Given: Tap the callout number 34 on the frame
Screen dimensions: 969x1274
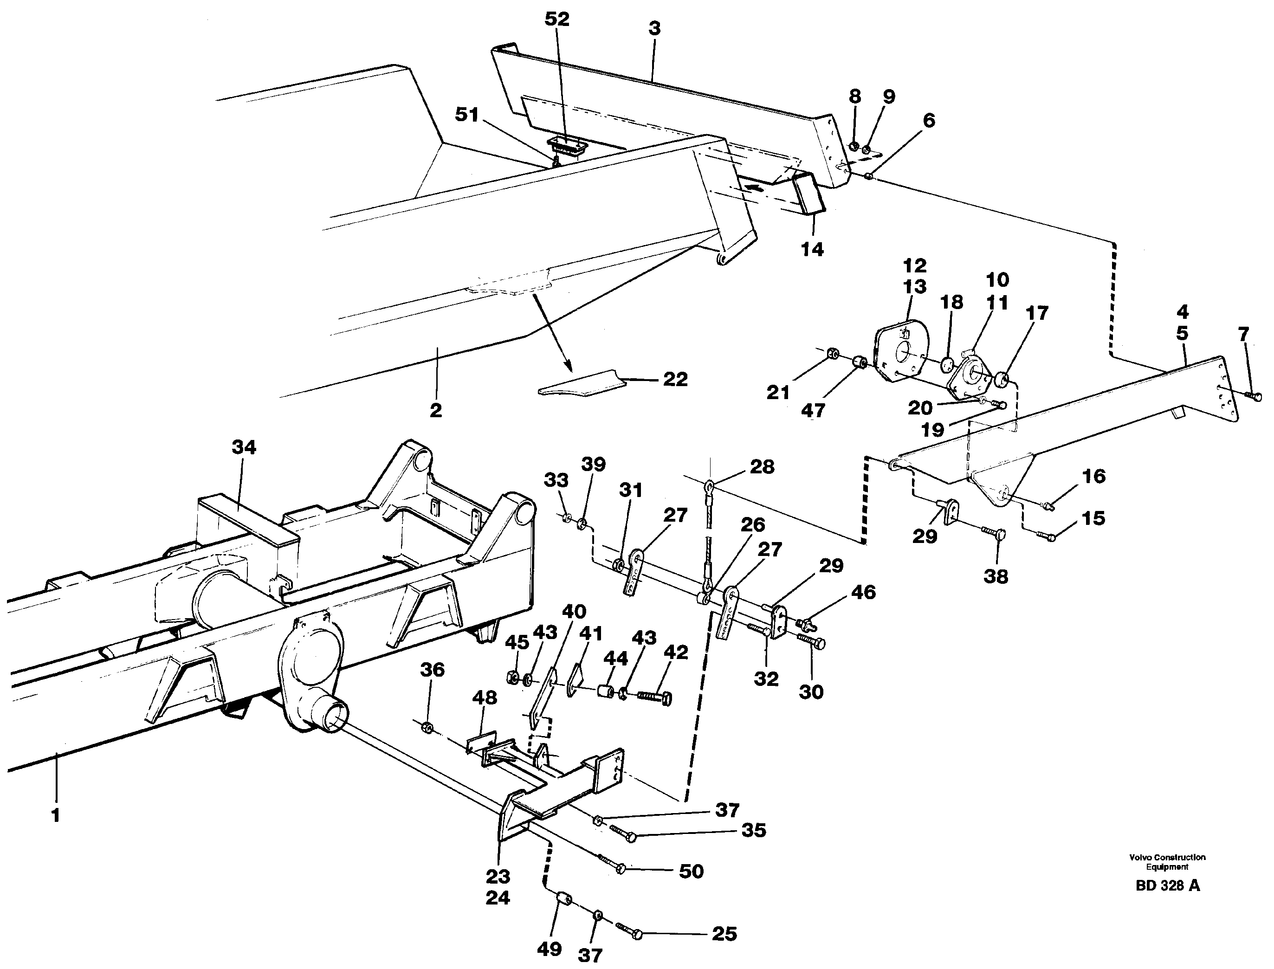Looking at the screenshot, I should click(244, 447).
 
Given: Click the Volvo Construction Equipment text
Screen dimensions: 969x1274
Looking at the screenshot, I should click(1167, 862).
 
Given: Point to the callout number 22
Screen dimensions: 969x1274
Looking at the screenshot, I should click(675, 379).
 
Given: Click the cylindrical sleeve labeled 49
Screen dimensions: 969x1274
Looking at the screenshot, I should click(563, 900).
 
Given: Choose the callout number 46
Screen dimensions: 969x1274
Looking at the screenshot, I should click(863, 592).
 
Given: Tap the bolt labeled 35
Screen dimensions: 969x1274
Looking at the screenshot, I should click(623, 834).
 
